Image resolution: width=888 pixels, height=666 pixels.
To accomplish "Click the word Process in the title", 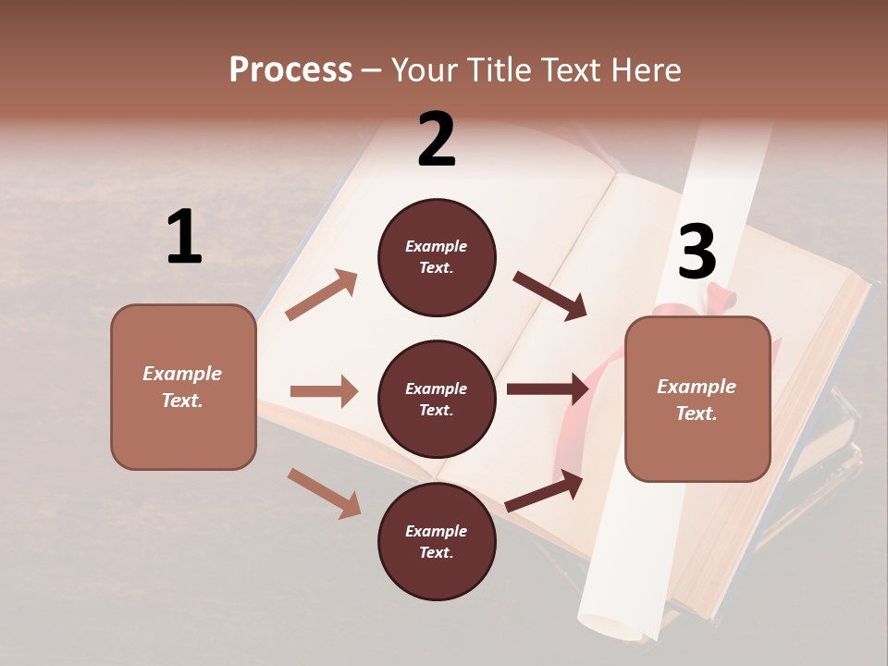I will point(290,70).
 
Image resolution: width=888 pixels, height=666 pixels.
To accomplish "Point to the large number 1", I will point(184,237).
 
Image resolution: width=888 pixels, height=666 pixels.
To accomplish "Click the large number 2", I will point(437,140).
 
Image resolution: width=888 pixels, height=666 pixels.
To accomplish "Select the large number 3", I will point(697,252).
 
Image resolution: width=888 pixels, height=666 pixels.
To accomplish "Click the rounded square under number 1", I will point(183,387).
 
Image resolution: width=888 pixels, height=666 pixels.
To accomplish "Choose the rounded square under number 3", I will point(697,400).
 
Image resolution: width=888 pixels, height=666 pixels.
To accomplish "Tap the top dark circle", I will point(437,257).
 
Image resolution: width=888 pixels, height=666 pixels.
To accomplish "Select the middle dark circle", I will point(437,400).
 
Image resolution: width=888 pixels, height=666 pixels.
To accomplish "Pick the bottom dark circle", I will point(437,542).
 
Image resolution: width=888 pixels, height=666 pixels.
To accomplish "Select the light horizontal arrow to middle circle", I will point(324,391).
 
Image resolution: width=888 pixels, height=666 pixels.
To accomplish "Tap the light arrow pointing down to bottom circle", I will point(324,492).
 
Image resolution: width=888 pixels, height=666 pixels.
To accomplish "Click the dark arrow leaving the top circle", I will point(550,295).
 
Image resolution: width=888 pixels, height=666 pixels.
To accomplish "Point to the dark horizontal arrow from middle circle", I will point(548,388).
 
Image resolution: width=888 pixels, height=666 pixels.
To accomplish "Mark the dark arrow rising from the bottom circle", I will point(544,490).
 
